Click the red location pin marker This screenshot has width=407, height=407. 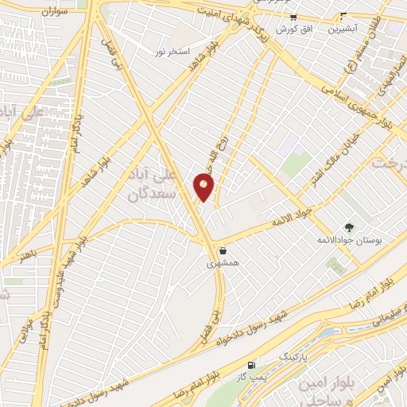click(203, 188)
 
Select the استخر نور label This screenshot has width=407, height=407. click(174, 52)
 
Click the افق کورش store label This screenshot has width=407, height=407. click(293, 29)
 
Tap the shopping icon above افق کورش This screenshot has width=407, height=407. click(293, 17)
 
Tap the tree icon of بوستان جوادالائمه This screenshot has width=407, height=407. click(348, 227)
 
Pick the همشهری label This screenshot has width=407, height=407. click(222, 262)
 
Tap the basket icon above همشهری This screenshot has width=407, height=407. click(222, 250)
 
